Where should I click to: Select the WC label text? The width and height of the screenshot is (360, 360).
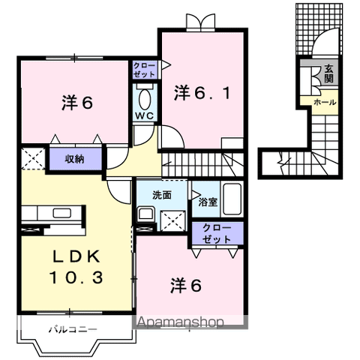coord(145,116)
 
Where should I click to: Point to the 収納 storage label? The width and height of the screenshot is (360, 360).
coord(73,158)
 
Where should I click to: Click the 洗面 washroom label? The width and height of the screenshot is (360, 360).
coord(162,194)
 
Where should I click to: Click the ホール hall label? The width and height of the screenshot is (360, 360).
coord(324,101)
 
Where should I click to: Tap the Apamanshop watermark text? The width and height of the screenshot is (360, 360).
coord(180,323)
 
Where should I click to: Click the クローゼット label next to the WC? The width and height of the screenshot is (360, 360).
coord(145,71)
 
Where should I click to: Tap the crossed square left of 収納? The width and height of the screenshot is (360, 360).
coord(32,158)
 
